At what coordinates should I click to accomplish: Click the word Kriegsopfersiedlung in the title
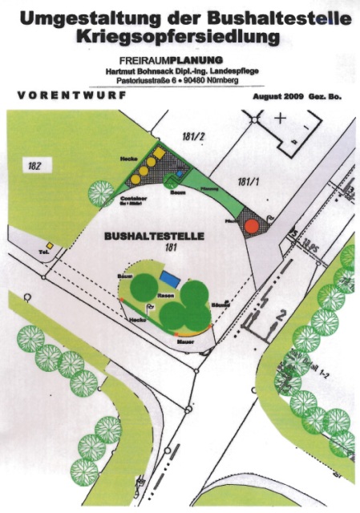pos(179,36)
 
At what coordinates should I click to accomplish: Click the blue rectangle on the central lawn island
pos(169,277)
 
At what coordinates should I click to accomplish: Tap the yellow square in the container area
pos(160,152)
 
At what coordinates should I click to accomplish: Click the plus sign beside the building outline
pos(280,119)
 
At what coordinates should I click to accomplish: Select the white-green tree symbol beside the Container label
pos(101,193)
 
